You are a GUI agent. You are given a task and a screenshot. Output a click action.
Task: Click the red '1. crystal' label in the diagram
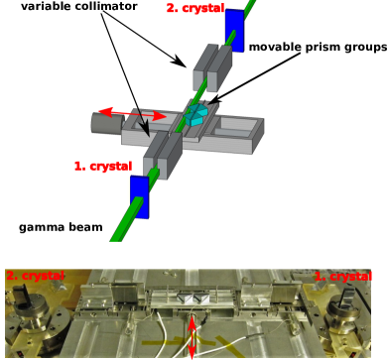(x=104, y=166)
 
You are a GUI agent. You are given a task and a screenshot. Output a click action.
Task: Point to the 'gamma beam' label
(x=61, y=227)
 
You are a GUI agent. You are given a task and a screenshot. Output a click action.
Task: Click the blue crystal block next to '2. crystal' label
(x=234, y=30)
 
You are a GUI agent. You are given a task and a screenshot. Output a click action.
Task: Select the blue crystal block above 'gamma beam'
(x=140, y=196)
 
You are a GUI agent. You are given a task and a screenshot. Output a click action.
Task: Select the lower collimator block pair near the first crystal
(x=164, y=157)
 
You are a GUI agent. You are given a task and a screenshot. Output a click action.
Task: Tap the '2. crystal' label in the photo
(x=35, y=275)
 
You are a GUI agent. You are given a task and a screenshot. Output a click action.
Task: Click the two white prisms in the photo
(x=194, y=299)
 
